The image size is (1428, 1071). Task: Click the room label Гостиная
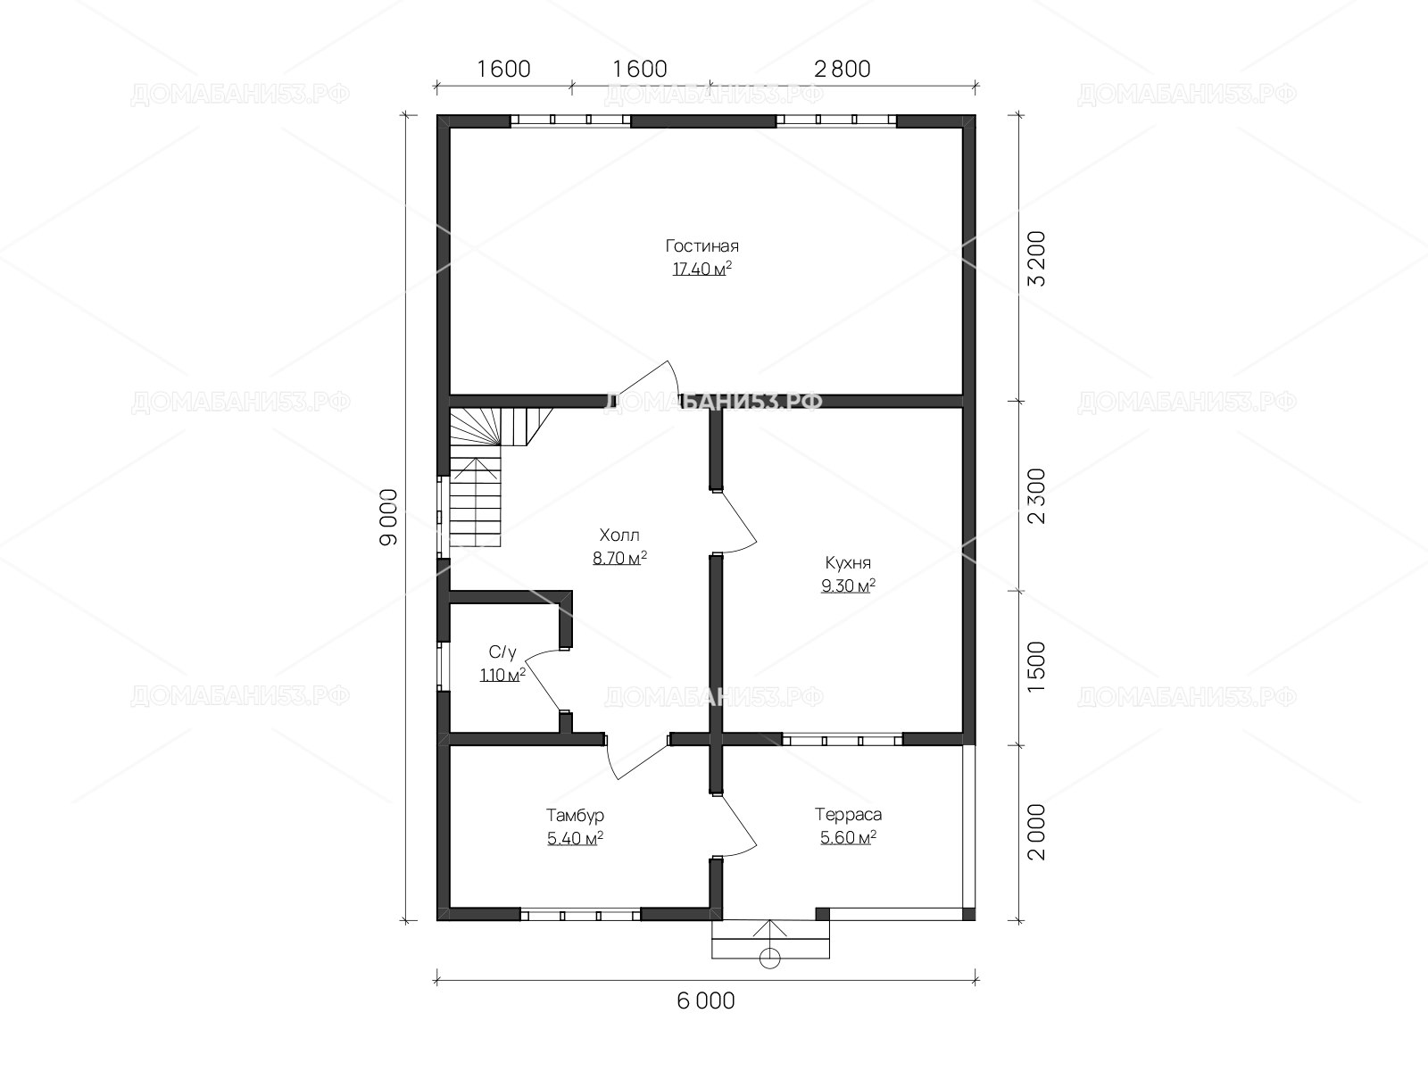(x=702, y=245)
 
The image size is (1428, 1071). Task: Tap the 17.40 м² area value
(x=702, y=269)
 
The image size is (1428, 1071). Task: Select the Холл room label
(x=619, y=535)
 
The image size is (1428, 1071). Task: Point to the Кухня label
(x=848, y=562)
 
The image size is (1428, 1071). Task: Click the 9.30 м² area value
(x=848, y=585)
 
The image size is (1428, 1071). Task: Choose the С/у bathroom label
(x=502, y=652)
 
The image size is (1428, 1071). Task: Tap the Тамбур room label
(x=575, y=816)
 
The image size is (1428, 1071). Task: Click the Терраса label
(x=849, y=814)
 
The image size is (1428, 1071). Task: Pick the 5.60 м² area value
(x=849, y=837)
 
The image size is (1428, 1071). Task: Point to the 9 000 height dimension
(x=389, y=518)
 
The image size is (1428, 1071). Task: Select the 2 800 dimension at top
(x=843, y=69)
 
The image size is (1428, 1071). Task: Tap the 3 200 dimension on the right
(x=1037, y=258)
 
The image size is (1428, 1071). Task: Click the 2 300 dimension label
(x=1037, y=496)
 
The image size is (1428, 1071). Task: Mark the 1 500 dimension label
(x=1037, y=668)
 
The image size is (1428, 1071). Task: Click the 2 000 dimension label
(x=1037, y=833)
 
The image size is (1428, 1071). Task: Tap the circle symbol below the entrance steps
(x=770, y=959)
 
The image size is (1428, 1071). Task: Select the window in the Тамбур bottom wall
(x=580, y=915)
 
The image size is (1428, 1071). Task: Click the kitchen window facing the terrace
(x=843, y=739)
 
